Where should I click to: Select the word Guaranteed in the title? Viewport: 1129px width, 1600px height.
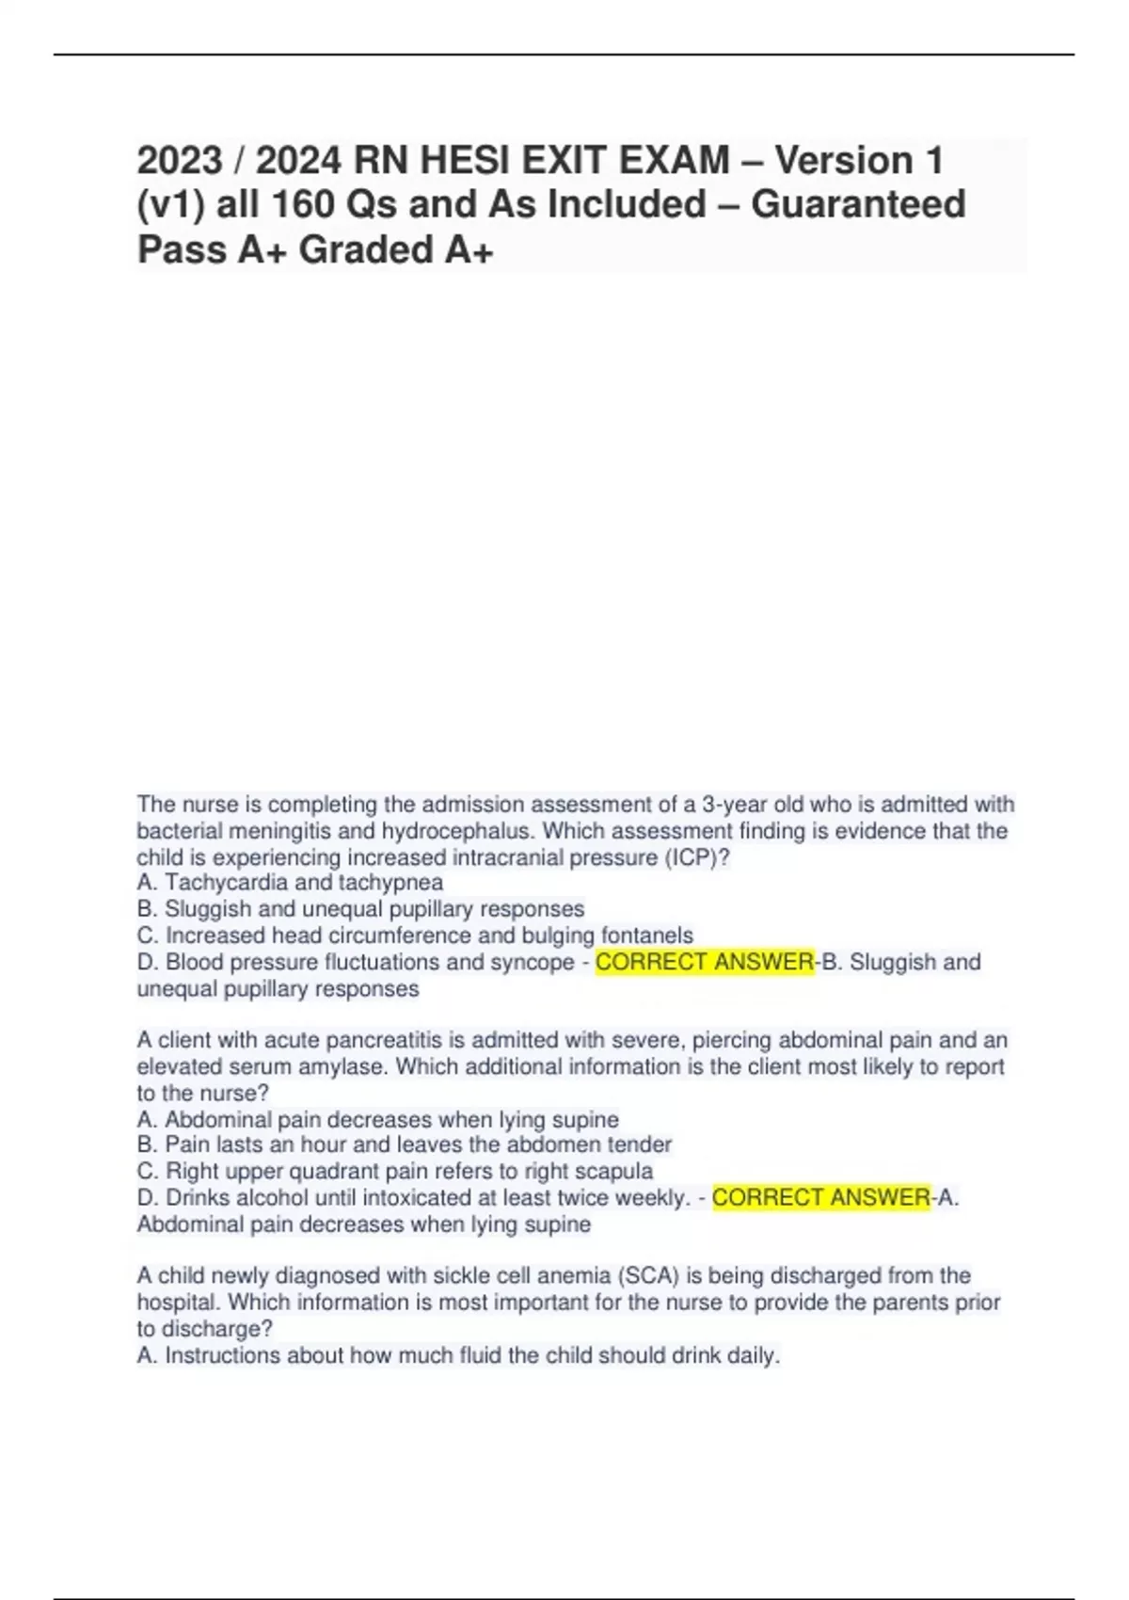pyautogui.click(x=858, y=204)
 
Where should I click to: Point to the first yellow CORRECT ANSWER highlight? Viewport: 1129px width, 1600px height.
pyautogui.click(x=705, y=962)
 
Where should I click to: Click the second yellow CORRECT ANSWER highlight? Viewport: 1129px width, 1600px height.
pyautogui.click(x=820, y=1197)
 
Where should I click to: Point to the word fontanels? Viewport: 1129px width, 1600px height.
pyautogui.click(x=647, y=936)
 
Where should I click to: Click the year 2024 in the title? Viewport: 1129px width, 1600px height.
pyautogui.click(x=298, y=160)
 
